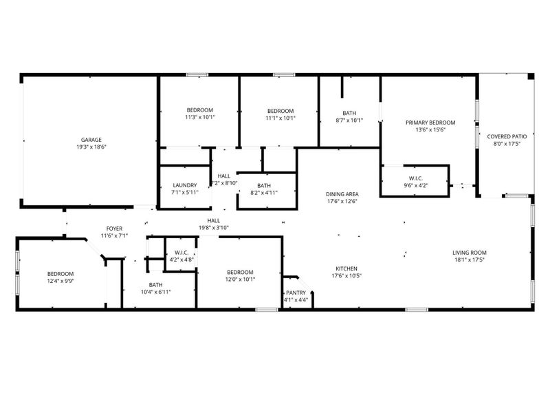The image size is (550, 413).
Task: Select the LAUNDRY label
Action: (x=185, y=184)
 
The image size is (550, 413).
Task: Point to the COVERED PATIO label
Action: (x=507, y=136)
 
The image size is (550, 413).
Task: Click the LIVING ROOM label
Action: (x=470, y=252)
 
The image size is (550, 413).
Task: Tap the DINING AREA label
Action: (x=342, y=194)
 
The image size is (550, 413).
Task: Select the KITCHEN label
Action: (x=346, y=268)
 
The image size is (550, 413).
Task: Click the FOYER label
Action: (x=114, y=228)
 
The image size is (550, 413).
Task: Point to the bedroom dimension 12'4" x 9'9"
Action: (x=60, y=280)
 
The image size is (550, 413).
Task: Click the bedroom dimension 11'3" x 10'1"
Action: (x=200, y=117)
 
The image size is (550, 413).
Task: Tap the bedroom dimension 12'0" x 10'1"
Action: (x=241, y=279)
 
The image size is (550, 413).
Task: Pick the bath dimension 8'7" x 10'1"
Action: (x=349, y=120)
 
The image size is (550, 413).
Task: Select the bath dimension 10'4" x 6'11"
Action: (x=155, y=292)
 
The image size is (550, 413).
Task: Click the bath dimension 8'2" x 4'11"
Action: (x=264, y=193)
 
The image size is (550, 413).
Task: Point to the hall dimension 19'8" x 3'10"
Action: (x=213, y=228)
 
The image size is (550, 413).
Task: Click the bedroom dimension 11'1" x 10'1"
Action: (x=280, y=118)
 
